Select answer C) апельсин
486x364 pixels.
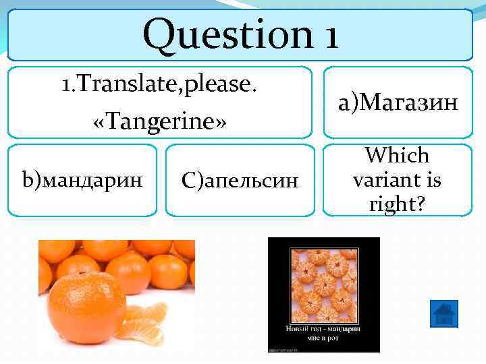pyautogui.click(x=239, y=180)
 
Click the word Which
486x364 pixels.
pyautogui.click(x=398, y=156)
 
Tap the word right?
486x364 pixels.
pyautogui.click(x=398, y=203)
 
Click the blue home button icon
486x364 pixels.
pyautogui.click(x=443, y=314)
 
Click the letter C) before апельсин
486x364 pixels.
pyautogui.click(x=187, y=180)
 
